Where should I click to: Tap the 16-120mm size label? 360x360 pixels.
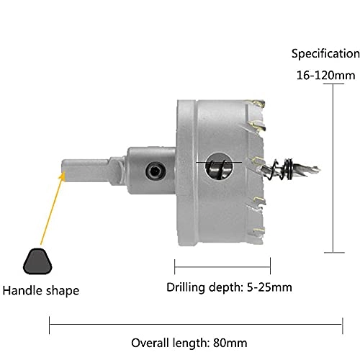click(325, 75)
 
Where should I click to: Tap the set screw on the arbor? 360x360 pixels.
click(153, 170)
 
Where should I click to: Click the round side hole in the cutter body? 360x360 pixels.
click(217, 168)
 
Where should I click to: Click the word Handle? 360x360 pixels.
click(23, 291)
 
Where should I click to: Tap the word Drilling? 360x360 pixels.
click(184, 288)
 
